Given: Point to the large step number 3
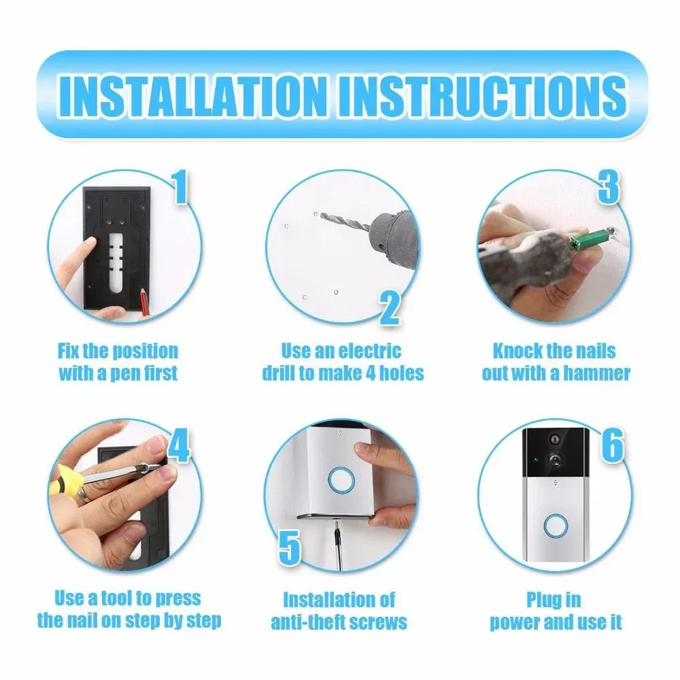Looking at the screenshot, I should [x=608, y=188].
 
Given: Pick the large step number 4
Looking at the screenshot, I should [x=178, y=445].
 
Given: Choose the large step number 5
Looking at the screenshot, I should [x=289, y=548].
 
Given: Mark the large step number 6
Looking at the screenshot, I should [x=612, y=445].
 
